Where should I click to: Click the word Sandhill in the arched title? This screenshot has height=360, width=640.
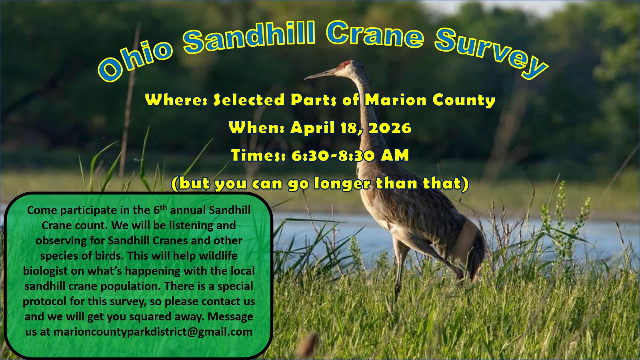pos(248,37)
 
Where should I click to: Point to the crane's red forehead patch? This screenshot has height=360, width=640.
pos(346,64)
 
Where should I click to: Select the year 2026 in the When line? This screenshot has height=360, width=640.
pos(390,128)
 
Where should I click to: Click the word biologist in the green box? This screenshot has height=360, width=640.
pos(45,271)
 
